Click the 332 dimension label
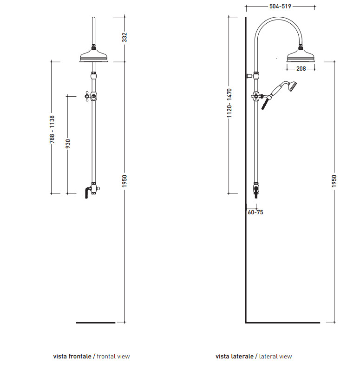tap(124, 37)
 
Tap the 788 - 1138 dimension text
tap(52, 129)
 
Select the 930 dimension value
tap(68, 144)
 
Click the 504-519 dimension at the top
tap(280, 7)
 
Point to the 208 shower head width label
tap(301, 69)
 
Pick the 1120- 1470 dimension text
tap(229, 103)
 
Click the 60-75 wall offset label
tap(255, 212)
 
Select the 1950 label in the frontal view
tap(124, 181)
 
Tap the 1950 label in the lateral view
tap(334, 181)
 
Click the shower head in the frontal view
tap(94, 56)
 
